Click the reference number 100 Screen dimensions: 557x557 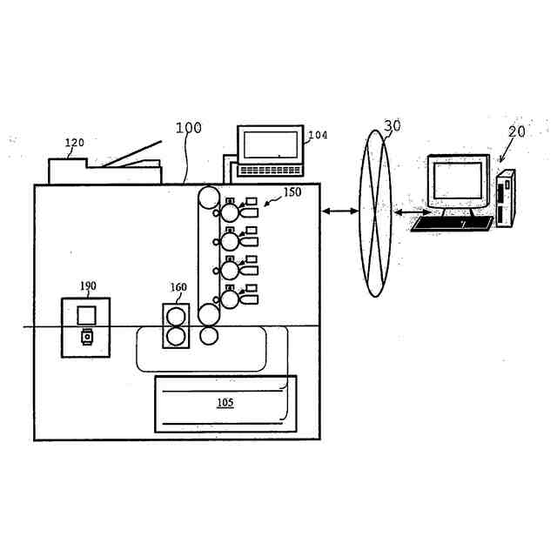[x=188, y=128]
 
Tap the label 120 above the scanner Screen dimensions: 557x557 [x=75, y=142]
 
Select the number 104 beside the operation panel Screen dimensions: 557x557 [x=318, y=136]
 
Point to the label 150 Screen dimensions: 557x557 [x=292, y=192]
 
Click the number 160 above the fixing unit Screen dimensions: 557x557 [x=178, y=287]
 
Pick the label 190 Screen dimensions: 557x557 [x=88, y=285]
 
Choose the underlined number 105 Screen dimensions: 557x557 [x=225, y=403]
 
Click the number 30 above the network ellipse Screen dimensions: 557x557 [x=393, y=125]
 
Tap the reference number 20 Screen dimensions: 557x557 [x=517, y=131]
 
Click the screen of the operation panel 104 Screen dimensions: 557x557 [x=270, y=144]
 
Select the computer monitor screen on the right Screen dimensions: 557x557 [x=458, y=180]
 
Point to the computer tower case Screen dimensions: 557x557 [x=506, y=197]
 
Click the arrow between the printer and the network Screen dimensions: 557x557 [x=340, y=211]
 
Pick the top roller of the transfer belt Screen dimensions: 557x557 [x=210, y=197]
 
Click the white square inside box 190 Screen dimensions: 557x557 [x=86, y=314]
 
